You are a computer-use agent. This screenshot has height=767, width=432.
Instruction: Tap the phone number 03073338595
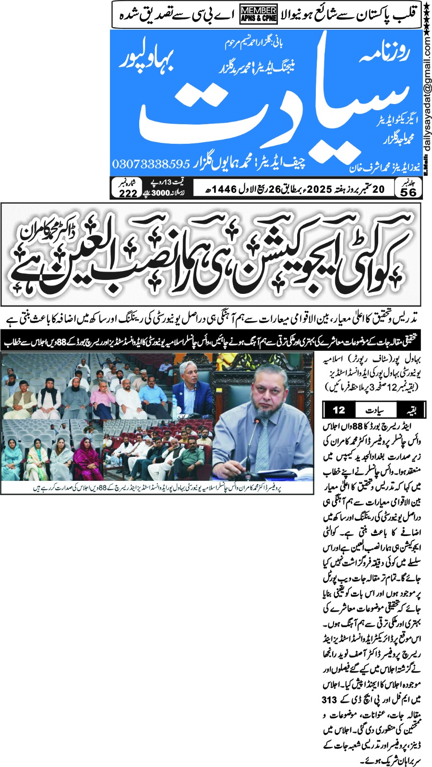coord(151,164)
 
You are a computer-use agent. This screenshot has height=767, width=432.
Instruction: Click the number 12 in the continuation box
coord(339,410)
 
